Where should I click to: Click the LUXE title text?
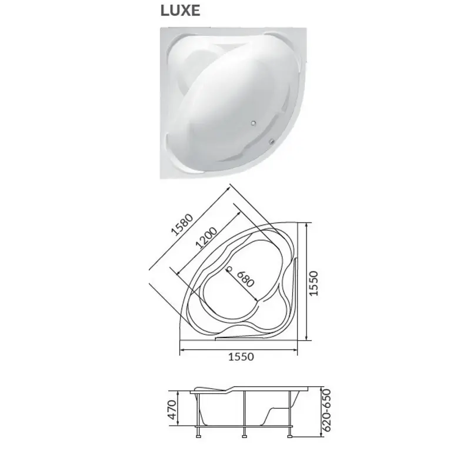[181, 11]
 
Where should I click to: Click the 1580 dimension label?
[182, 224]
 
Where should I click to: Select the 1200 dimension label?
[206, 238]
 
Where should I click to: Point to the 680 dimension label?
[246, 279]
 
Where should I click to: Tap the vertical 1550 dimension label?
[314, 283]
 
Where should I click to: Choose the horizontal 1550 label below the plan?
[241, 357]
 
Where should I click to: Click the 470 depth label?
[172, 409]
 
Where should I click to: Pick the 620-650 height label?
[327, 410]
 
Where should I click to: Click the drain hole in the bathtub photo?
[254, 122]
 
